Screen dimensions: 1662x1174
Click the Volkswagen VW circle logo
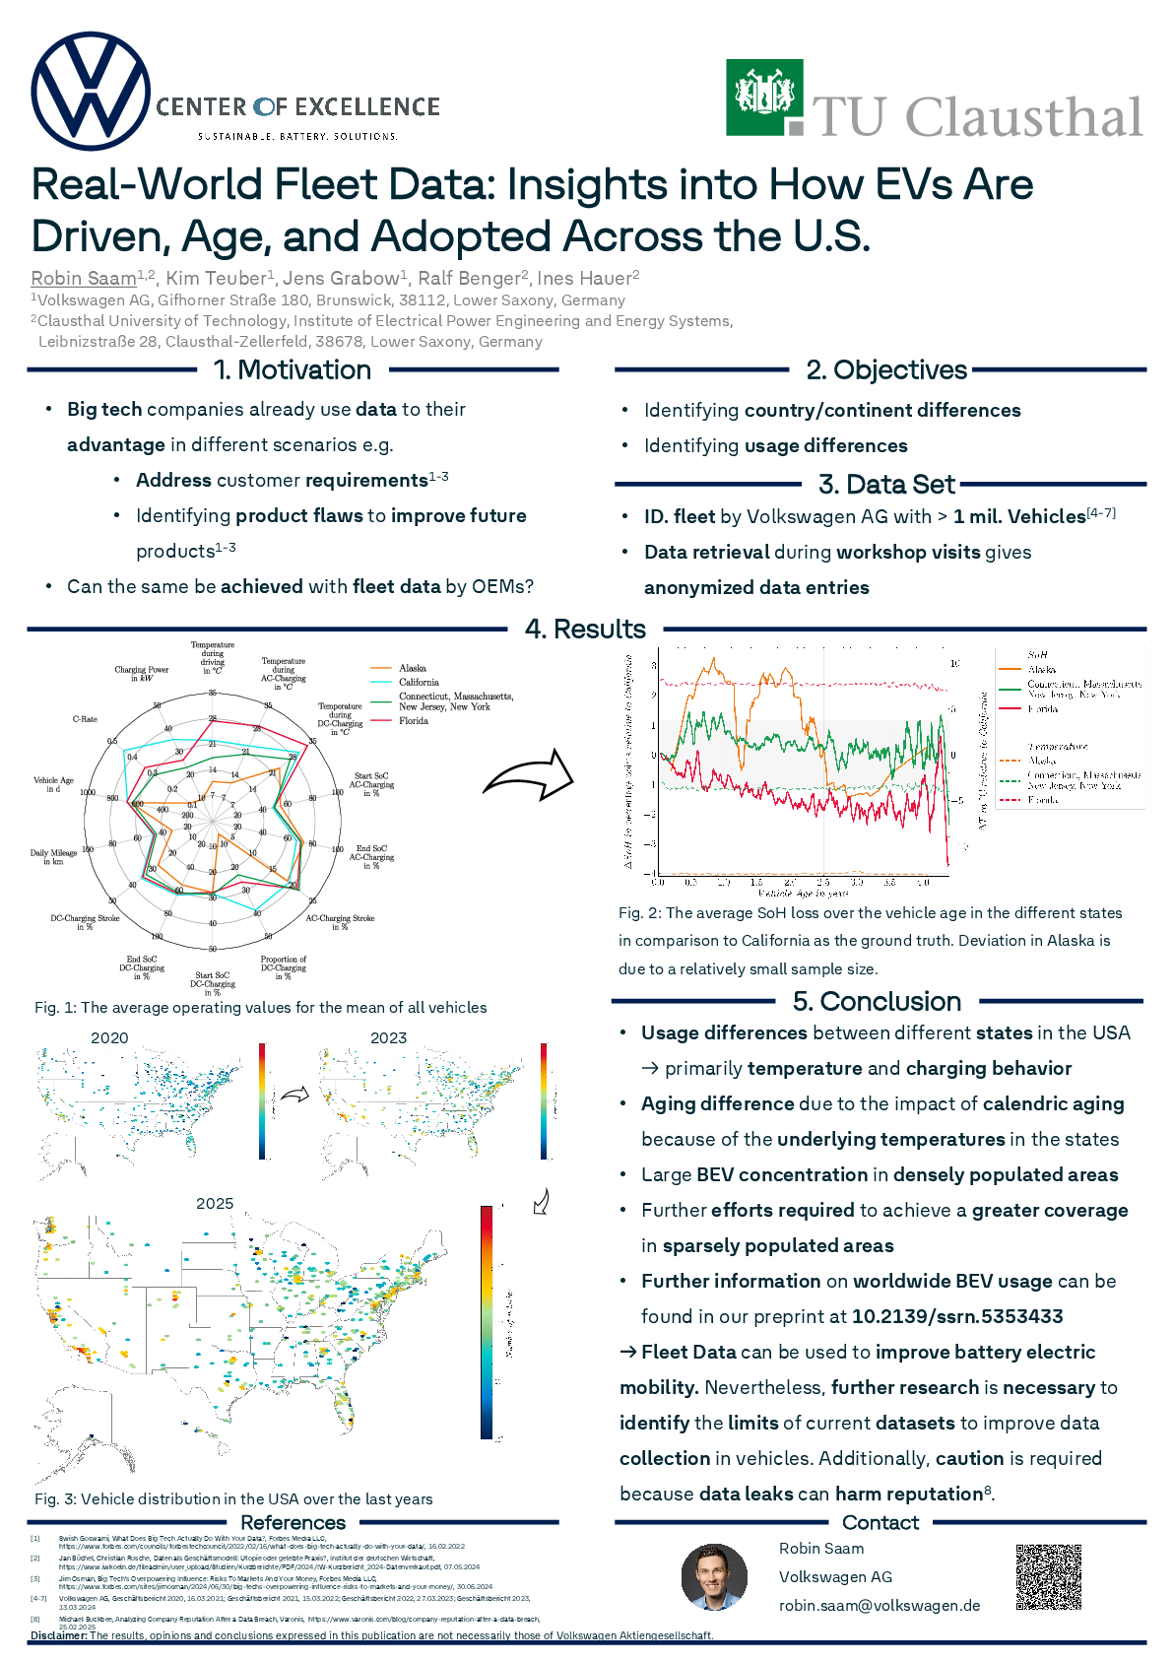tap(91, 91)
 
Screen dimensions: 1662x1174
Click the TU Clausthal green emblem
tap(764, 97)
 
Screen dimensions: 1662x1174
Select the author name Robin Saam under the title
tap(84, 278)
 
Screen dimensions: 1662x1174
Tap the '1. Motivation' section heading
tap(293, 370)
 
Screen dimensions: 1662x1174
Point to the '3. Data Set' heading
tap(886, 485)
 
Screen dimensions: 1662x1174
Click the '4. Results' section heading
tap(585, 630)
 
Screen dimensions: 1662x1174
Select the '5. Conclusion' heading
tap(877, 1002)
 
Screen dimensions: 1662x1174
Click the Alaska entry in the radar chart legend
tap(412, 669)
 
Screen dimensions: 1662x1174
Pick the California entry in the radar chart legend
tap(419, 682)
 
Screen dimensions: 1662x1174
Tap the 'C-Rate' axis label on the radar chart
tap(85, 719)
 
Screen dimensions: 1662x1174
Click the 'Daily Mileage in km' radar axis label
tap(53, 857)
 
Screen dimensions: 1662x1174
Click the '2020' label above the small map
tap(109, 1038)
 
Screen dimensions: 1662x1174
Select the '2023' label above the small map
tap(389, 1038)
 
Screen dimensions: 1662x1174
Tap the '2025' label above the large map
tap(215, 1204)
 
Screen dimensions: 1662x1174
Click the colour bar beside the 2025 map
tap(487, 1321)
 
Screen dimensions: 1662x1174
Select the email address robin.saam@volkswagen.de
tap(880, 1606)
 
